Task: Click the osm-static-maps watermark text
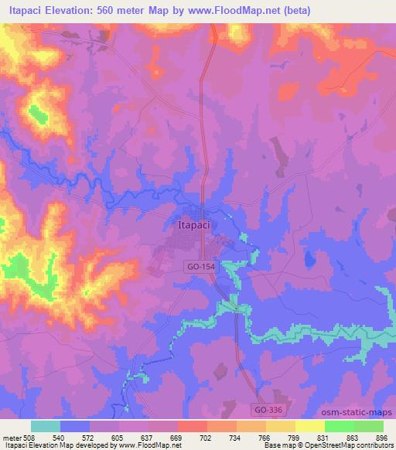pyautogui.click(x=362, y=413)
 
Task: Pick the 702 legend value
pyautogui.click(x=205, y=437)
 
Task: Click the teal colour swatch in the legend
pyautogui.click(x=46, y=426)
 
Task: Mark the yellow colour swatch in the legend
pyautogui.click(x=310, y=426)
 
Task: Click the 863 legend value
pyautogui.click(x=353, y=437)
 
